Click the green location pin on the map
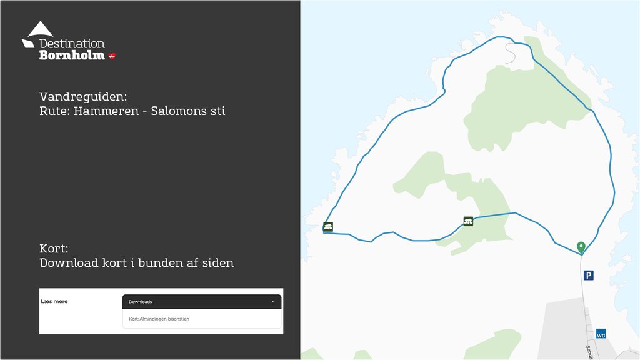click(581, 247)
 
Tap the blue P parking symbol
click(588, 275)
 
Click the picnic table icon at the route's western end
click(328, 226)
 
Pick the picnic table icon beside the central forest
click(468, 221)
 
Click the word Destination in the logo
click(72, 44)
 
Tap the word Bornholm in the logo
click(72, 55)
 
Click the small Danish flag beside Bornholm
click(112, 56)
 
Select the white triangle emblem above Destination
click(40, 29)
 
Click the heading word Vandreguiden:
click(83, 97)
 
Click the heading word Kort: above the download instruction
click(53, 248)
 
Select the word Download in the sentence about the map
click(69, 262)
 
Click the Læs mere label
click(54, 301)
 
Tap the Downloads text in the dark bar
click(141, 302)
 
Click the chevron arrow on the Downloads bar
click(272, 302)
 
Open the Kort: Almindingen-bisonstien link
click(159, 319)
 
